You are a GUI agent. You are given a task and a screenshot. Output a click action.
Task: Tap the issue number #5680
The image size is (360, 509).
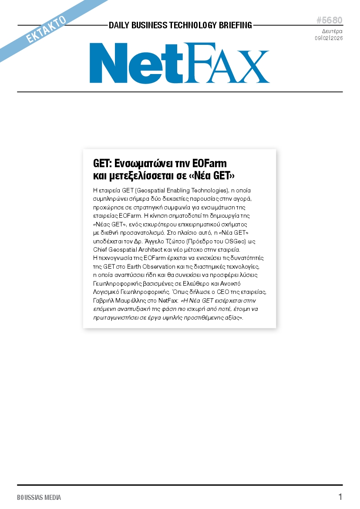329,20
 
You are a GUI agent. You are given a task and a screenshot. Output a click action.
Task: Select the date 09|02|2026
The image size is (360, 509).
329,38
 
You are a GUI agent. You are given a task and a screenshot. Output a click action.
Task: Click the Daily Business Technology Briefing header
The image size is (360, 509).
180,25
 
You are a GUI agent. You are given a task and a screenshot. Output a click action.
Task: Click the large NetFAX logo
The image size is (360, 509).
179,63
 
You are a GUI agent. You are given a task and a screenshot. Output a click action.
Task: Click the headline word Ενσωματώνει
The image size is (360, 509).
145,164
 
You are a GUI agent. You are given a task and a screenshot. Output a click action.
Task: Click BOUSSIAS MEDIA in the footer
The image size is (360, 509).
39,497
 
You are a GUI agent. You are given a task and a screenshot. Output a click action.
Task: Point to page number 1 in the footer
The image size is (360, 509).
340,497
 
